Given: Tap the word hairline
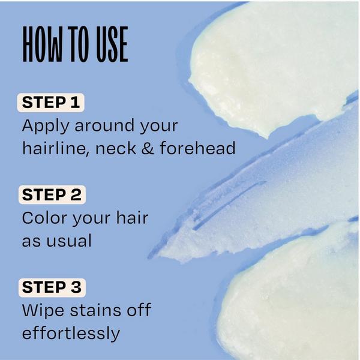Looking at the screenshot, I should [x=53, y=148].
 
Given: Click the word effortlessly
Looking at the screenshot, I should [x=71, y=332].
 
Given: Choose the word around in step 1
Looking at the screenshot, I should [x=104, y=127].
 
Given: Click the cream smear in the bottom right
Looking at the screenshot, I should [x=288, y=300].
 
